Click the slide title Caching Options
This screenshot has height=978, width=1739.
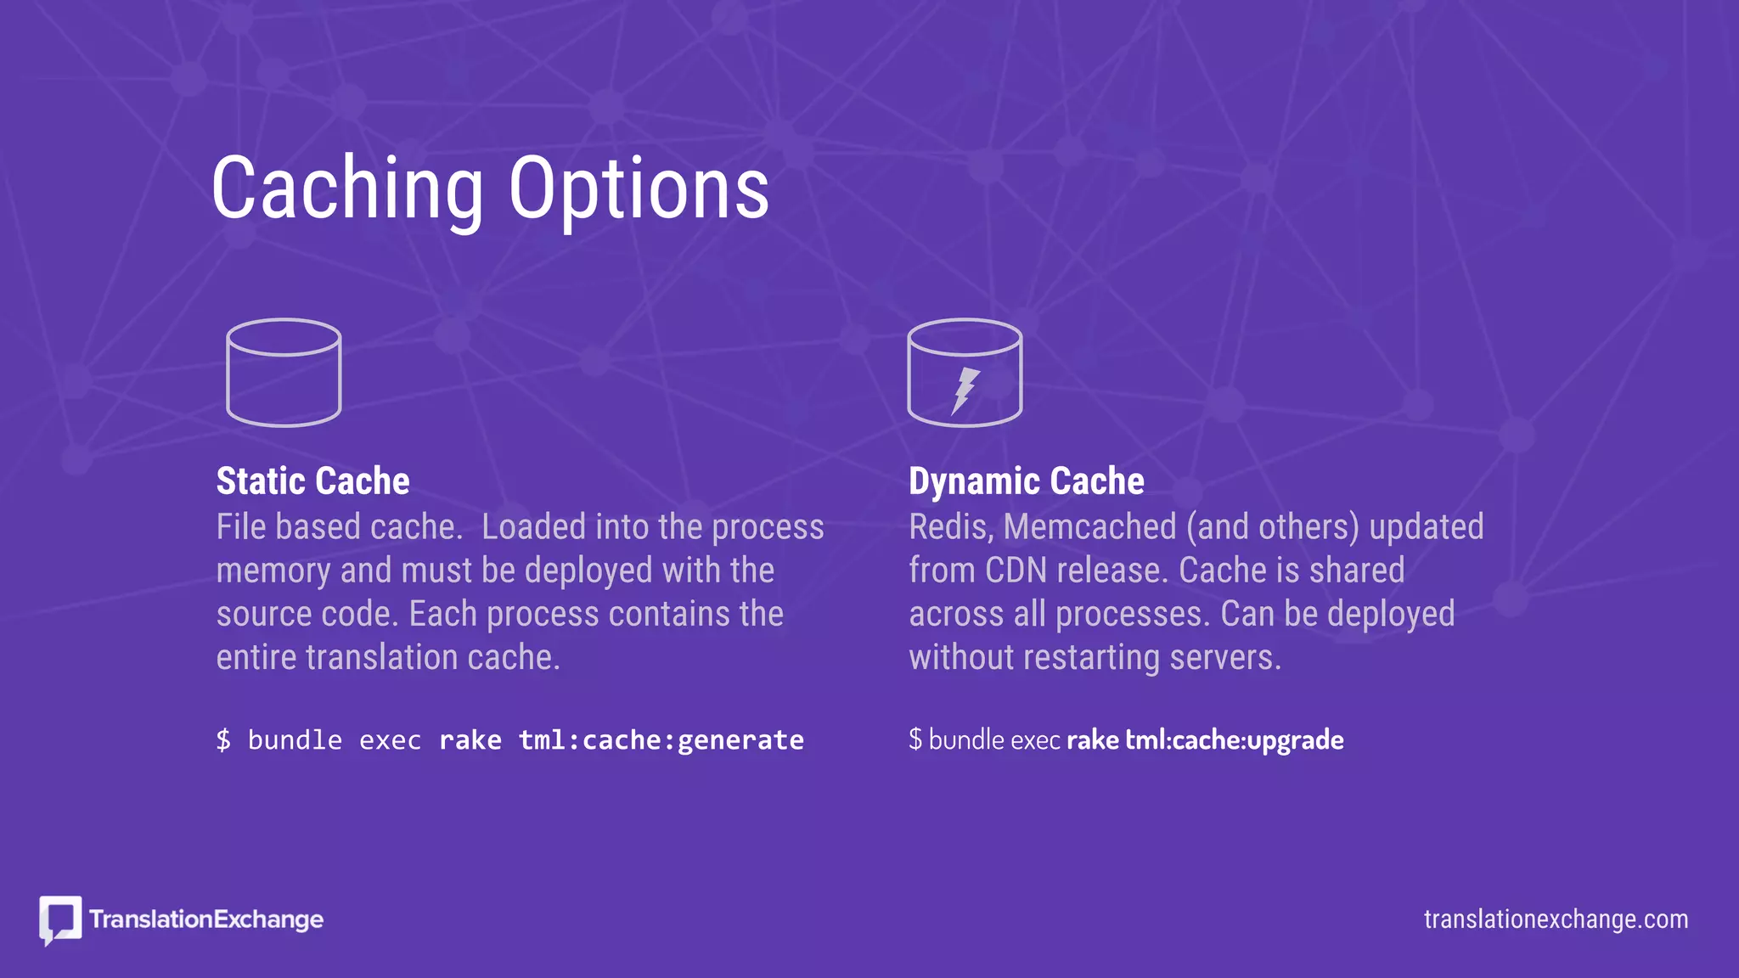(x=490, y=188)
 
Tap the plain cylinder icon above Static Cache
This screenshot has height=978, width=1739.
(x=284, y=373)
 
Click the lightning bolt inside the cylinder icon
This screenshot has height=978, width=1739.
(x=965, y=390)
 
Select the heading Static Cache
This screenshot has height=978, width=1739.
(x=312, y=481)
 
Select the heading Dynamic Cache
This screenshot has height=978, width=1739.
(x=1026, y=481)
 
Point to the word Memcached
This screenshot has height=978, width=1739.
(x=1089, y=527)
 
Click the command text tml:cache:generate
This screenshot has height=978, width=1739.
(x=661, y=740)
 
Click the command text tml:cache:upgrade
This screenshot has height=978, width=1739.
(x=1234, y=740)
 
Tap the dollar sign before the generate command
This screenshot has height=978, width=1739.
(x=223, y=740)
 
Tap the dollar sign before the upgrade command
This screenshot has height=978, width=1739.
(x=915, y=739)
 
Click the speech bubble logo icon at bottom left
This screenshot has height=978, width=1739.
(x=60, y=919)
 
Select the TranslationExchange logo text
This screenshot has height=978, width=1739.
(x=206, y=919)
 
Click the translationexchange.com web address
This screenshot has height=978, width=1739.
(x=1556, y=919)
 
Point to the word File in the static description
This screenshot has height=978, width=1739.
(x=241, y=527)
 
